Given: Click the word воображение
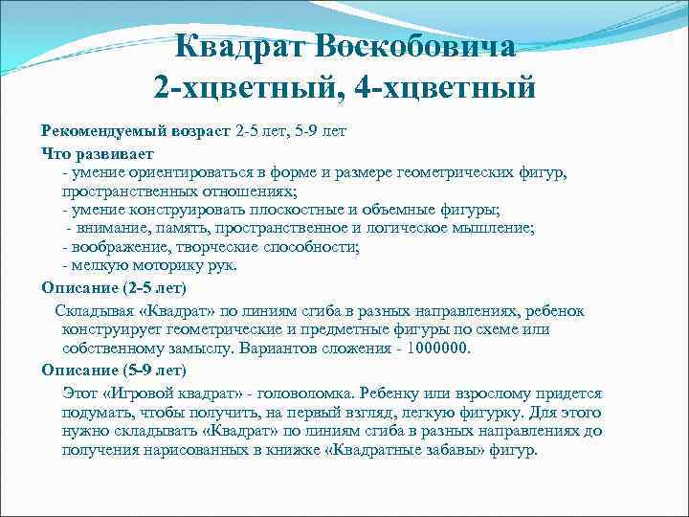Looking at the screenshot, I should point(121,247).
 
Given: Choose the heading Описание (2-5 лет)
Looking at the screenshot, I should point(114,287).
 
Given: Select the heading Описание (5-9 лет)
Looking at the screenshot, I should point(114,370).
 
